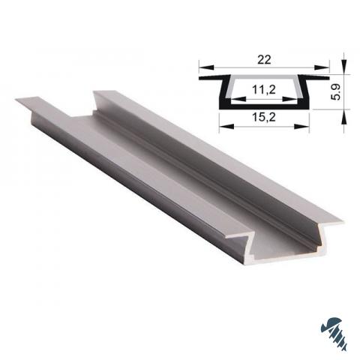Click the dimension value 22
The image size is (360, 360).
click(x=264, y=60)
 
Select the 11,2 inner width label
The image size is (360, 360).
click(x=264, y=89)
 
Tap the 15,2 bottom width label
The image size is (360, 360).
click(x=264, y=117)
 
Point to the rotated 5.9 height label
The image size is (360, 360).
click(x=337, y=92)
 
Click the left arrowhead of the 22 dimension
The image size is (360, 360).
click(x=207, y=67)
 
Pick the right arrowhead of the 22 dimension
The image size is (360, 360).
click(x=322, y=67)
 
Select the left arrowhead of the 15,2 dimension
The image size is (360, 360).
click(x=226, y=126)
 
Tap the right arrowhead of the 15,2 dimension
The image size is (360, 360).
click(x=301, y=126)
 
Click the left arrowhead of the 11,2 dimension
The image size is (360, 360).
click(x=238, y=99)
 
